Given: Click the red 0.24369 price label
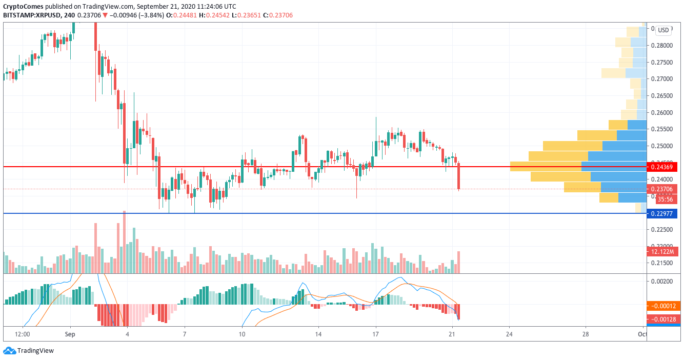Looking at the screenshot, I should click(x=662, y=167).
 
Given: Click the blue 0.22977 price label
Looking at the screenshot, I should click(x=662, y=213).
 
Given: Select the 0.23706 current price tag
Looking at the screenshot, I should click(x=662, y=189).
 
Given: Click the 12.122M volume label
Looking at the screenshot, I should click(x=662, y=252).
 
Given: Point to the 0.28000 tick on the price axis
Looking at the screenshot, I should click(x=662, y=45).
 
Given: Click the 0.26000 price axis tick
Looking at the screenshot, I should click(x=662, y=112).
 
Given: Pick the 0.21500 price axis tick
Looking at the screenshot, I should click(x=662, y=263).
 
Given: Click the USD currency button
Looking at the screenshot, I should click(x=663, y=30).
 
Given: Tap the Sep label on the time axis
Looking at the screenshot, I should click(x=70, y=334).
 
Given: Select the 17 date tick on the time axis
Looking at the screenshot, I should click(x=376, y=334).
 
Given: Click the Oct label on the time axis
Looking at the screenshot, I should click(x=641, y=334).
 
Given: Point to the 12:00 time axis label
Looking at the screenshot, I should click(x=23, y=334).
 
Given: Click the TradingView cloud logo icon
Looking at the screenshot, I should click(x=9, y=351).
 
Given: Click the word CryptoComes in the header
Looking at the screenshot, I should click(x=23, y=7).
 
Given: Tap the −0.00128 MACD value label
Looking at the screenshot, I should click(x=662, y=319).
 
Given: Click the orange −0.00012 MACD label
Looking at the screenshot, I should click(x=662, y=306).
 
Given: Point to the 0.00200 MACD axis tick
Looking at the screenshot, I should click(x=662, y=282).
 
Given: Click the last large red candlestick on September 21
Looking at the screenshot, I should click(x=459, y=177).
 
